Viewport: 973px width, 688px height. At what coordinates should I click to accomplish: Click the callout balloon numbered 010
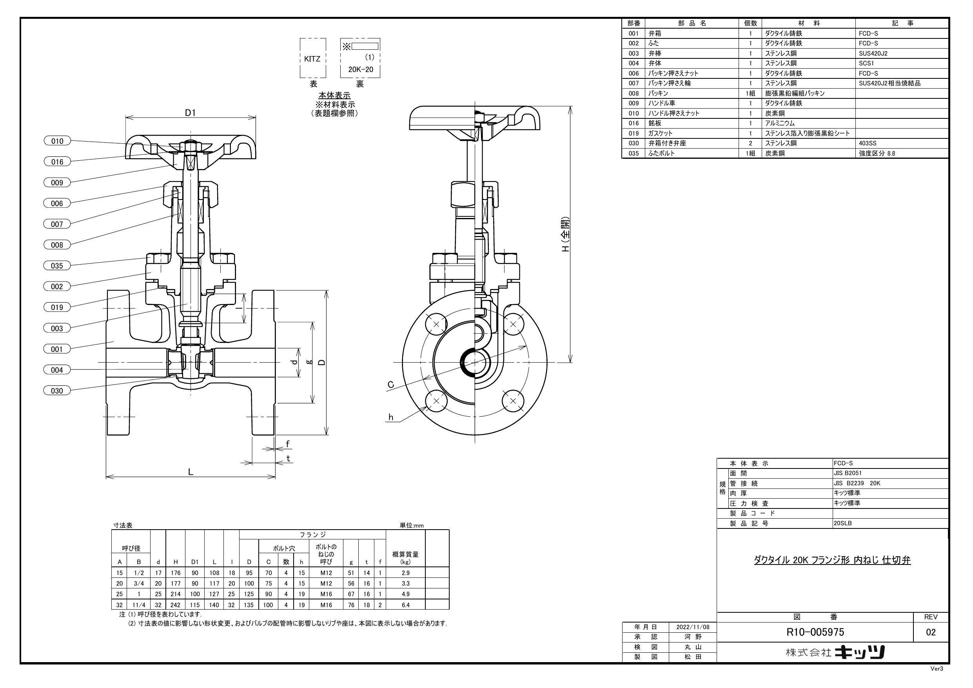[x=57, y=141]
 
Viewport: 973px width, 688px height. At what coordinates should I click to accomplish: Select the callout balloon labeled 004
[x=57, y=370]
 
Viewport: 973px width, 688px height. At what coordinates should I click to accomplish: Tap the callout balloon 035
[x=57, y=266]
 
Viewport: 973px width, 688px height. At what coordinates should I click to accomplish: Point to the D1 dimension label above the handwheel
[x=191, y=113]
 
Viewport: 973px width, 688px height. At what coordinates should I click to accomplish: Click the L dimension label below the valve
[x=191, y=472]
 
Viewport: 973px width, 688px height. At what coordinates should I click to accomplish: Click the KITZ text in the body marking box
[x=312, y=59]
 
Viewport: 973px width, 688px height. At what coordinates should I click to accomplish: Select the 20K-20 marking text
[x=361, y=69]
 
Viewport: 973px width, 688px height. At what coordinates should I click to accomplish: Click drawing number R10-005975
[x=815, y=632]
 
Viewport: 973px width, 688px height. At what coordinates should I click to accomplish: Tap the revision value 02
[x=931, y=632]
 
